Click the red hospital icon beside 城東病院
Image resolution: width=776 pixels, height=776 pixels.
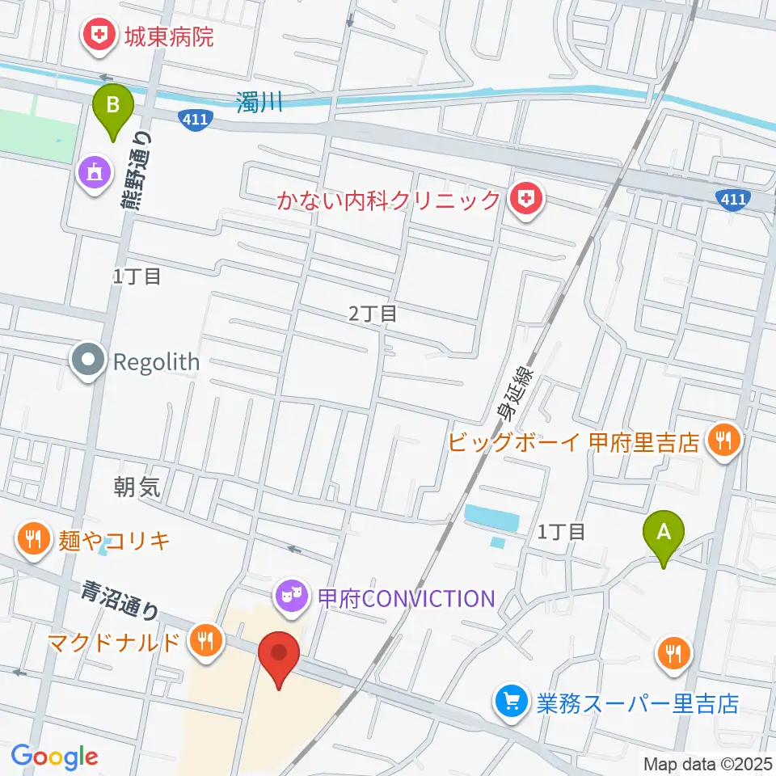click(x=100, y=35)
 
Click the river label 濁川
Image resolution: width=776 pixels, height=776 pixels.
click(x=259, y=103)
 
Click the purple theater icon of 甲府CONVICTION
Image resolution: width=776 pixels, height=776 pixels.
click(x=290, y=597)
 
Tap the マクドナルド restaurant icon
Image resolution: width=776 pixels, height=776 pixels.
click(x=206, y=642)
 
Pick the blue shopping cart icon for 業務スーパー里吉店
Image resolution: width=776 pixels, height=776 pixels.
click(x=512, y=701)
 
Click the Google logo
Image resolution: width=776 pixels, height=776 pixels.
click(x=55, y=757)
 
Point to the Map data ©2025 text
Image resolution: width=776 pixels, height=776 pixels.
click(x=708, y=764)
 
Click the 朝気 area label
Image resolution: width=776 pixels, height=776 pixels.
click(x=137, y=486)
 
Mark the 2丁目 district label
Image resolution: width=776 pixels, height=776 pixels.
click(x=373, y=313)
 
